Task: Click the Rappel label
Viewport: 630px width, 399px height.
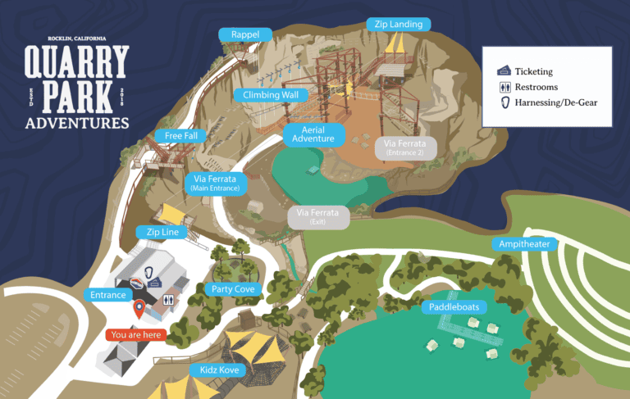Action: point(245,34)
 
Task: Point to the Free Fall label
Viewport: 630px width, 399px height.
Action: point(180,135)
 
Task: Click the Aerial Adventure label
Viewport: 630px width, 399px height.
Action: point(313,134)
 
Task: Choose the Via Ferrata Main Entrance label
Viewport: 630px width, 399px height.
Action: point(215,183)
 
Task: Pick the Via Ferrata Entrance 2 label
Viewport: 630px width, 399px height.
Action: point(406,147)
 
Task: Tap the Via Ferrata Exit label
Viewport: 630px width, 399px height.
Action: point(317,217)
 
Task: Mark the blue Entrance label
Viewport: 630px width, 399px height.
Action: point(109,295)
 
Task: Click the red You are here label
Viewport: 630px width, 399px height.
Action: point(135,334)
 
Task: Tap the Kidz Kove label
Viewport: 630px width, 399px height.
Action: point(220,370)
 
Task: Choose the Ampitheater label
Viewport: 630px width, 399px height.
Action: point(524,244)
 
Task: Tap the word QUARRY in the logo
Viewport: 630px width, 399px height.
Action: point(76,63)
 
